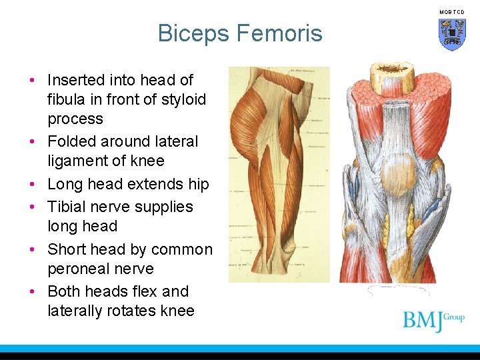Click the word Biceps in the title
(193, 33)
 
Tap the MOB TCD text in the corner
(451, 12)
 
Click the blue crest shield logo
(451, 33)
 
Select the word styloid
(181, 99)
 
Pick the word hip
(199, 184)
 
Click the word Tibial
(67, 207)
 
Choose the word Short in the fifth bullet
(67, 249)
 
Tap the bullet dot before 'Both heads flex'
(32, 292)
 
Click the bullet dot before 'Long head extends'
(32, 185)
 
